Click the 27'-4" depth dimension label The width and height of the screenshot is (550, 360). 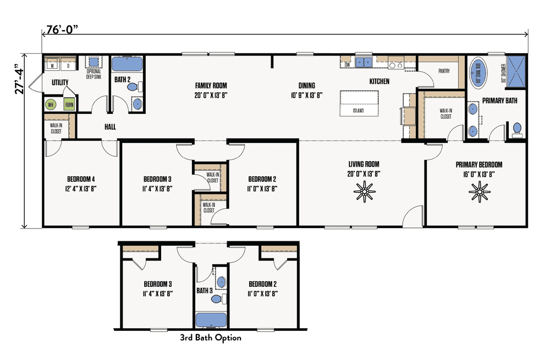tap(20, 81)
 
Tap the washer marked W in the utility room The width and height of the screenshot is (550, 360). tap(53, 64)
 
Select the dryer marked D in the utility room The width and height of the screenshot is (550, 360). tap(68, 64)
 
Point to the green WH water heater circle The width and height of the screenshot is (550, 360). tap(51, 104)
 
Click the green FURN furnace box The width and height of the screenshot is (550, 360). tap(69, 104)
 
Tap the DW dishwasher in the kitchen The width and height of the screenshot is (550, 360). tap(347, 64)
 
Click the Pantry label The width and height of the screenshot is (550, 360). tap(444, 71)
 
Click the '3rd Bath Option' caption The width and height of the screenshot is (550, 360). tap(211, 337)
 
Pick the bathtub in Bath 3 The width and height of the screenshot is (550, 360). tap(211, 319)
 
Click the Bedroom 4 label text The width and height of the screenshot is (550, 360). tap(81, 179)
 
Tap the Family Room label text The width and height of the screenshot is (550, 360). tap(211, 85)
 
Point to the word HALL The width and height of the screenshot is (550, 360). tap(110, 127)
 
